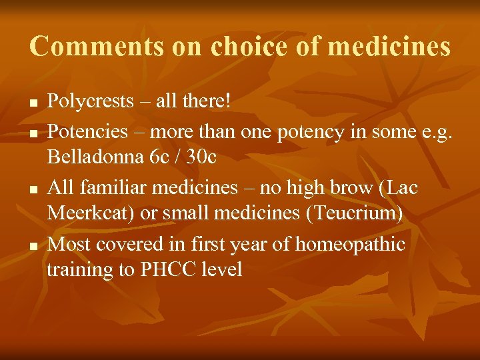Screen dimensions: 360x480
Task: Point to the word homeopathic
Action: point(349,245)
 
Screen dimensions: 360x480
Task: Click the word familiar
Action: point(117,188)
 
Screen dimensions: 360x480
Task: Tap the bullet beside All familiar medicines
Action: point(33,190)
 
